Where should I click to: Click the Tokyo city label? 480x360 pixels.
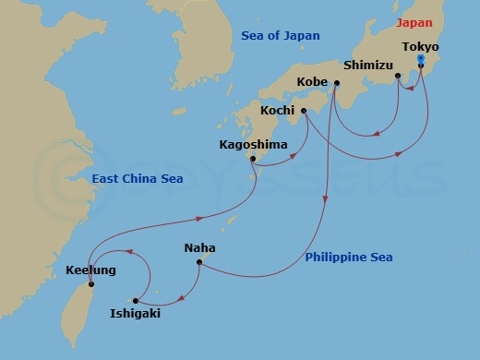pyautogui.click(x=420, y=46)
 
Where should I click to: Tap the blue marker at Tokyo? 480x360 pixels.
pyautogui.click(x=420, y=59)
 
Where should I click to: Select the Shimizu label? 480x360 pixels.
pyautogui.click(x=368, y=66)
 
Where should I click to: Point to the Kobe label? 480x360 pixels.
pyautogui.click(x=312, y=82)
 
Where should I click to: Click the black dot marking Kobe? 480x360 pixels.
pyautogui.click(x=335, y=83)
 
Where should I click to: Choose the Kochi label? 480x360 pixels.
pyautogui.click(x=277, y=110)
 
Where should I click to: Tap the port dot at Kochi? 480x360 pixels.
pyautogui.click(x=303, y=110)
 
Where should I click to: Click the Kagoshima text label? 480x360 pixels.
pyautogui.click(x=252, y=145)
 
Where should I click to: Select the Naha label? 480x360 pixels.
pyautogui.click(x=199, y=247)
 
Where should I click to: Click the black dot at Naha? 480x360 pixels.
pyautogui.click(x=198, y=262)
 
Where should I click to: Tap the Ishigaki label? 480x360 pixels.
pyautogui.click(x=136, y=314)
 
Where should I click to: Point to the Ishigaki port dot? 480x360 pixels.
pyautogui.click(x=136, y=300)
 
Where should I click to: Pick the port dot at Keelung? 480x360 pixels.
pyautogui.click(x=90, y=285)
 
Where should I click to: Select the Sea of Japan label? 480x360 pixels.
pyautogui.click(x=280, y=35)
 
